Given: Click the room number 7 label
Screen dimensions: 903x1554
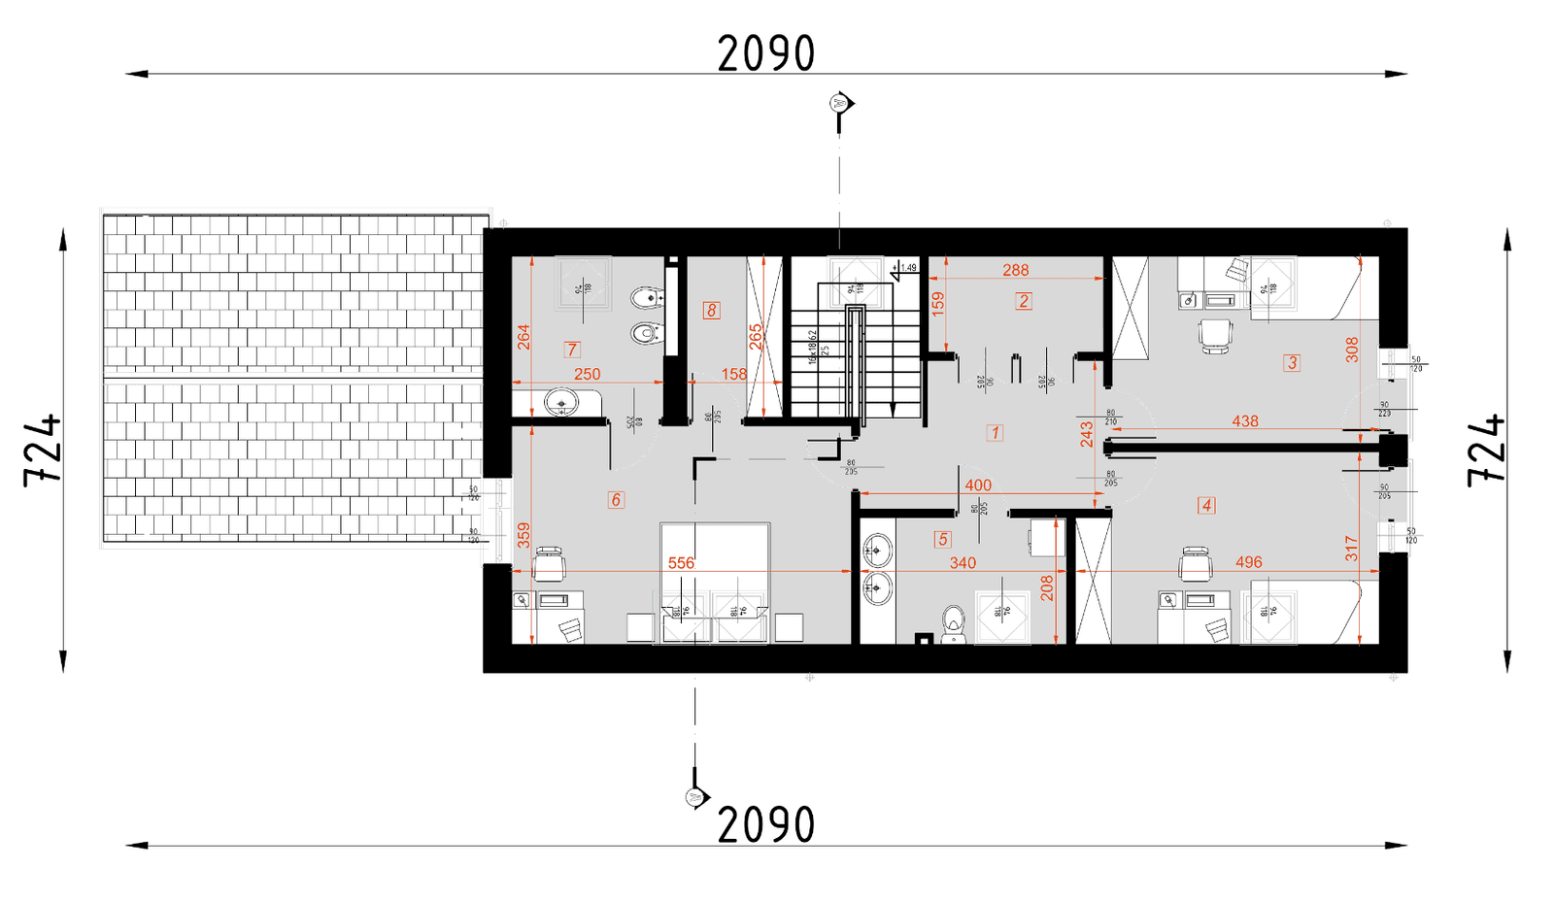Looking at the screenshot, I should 572,350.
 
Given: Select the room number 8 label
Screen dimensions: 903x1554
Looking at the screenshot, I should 712,311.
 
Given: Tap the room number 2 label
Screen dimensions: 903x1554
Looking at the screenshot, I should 1024,301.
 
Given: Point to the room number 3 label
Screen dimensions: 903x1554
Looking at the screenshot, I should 1292,363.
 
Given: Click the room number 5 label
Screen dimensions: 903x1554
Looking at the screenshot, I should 942,539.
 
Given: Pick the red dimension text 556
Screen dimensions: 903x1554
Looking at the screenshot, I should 682,563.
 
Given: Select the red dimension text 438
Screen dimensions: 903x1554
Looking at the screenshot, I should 1245,421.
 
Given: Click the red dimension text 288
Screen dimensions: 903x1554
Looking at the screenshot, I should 1016,270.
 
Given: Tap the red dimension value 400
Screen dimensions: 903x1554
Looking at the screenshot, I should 978,485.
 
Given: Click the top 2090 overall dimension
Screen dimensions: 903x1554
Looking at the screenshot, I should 766,54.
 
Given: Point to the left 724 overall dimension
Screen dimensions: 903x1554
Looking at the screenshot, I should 44,450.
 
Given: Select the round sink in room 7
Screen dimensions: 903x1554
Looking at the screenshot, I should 561,400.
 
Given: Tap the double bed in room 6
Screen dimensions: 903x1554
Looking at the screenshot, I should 715,583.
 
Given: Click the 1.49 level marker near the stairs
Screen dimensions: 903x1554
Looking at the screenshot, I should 907,268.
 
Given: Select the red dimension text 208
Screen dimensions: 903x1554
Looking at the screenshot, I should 1047,588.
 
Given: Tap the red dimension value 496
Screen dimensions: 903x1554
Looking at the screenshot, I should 1249,562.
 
